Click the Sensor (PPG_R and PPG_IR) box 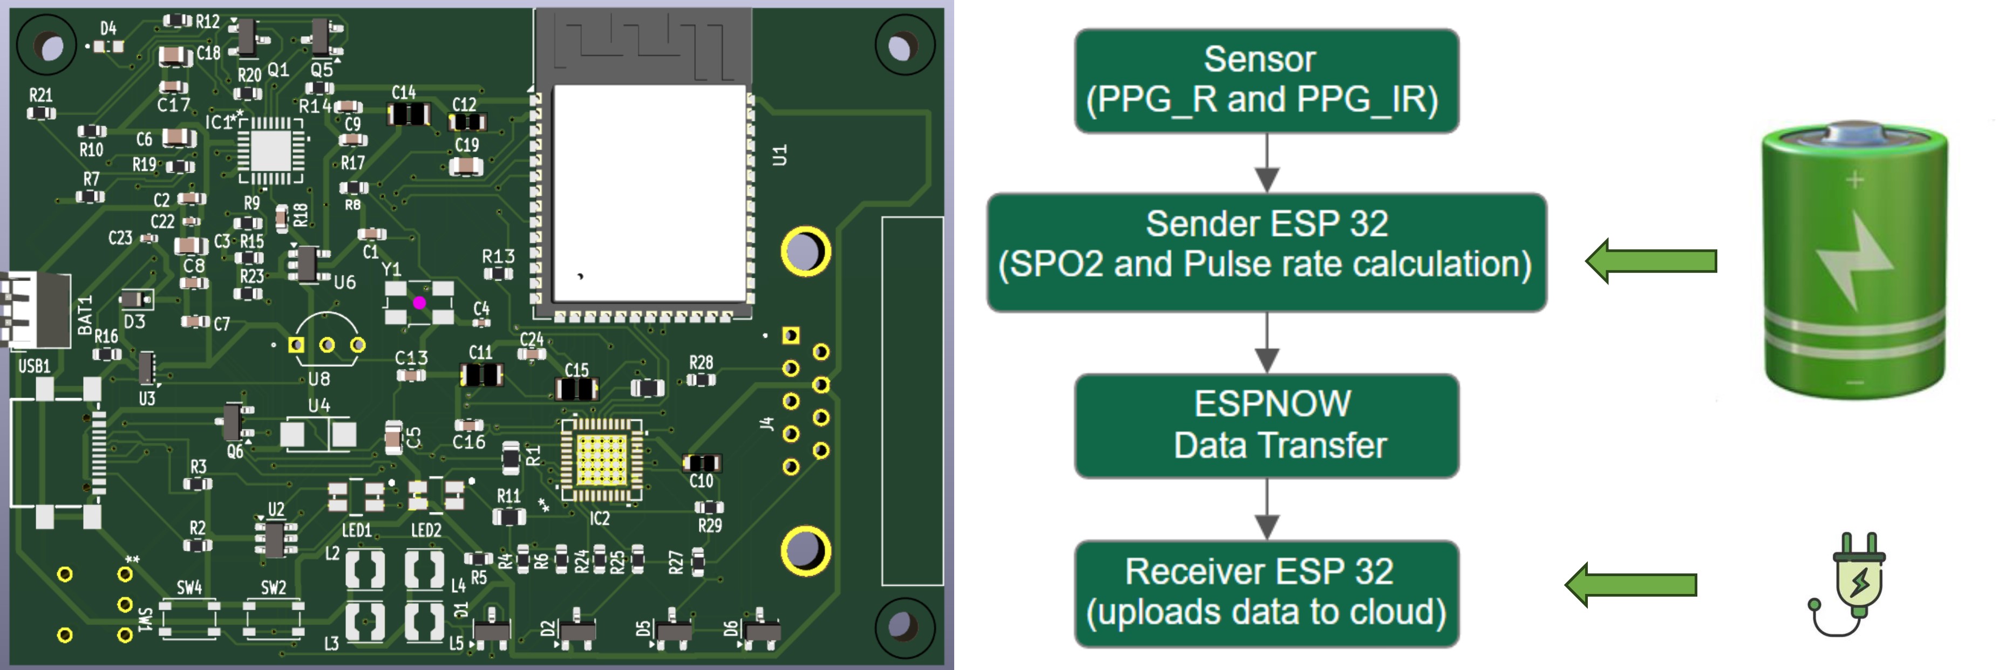click(x=1266, y=81)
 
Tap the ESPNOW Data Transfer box click(x=1266, y=425)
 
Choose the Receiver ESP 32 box click(x=1266, y=593)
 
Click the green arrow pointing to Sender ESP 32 click(x=1650, y=261)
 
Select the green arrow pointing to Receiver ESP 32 click(x=1630, y=584)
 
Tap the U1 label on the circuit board click(x=779, y=155)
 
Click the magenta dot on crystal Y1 click(x=419, y=303)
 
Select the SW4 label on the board click(x=189, y=587)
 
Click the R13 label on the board click(x=498, y=256)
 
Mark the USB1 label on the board click(x=34, y=366)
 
